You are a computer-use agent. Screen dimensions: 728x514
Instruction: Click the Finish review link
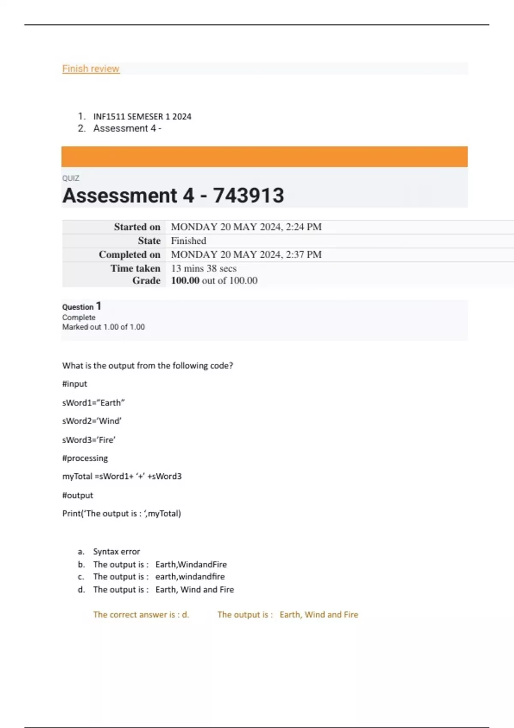tap(90, 69)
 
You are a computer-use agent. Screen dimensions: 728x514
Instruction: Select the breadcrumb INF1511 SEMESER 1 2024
tap(142, 116)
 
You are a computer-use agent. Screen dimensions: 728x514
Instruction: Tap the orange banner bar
tap(264, 156)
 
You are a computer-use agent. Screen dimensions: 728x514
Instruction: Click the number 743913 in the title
tap(248, 195)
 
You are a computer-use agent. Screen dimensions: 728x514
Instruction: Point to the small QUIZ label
tap(71, 178)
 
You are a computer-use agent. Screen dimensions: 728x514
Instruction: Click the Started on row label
tap(137, 227)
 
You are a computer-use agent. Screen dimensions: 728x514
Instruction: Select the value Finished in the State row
tap(188, 241)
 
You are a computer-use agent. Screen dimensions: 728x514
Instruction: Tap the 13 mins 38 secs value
tap(204, 269)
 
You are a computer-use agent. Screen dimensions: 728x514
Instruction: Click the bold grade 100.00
tap(185, 280)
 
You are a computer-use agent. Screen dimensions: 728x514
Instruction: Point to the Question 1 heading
tap(81, 307)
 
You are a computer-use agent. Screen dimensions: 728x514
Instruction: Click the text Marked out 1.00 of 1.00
tap(103, 327)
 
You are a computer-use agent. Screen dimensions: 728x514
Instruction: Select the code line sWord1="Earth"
tap(93, 403)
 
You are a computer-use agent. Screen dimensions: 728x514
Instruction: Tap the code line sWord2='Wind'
tap(92, 421)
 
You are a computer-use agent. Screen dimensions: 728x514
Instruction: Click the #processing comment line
tap(85, 458)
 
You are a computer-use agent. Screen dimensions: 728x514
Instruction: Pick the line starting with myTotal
tap(122, 476)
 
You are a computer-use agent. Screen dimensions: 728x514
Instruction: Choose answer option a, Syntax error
tap(117, 552)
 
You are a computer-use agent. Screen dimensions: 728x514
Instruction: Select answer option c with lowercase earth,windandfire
tap(159, 577)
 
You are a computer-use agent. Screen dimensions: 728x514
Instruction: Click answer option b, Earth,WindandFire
tap(160, 564)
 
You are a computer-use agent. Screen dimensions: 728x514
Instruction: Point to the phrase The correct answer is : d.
tap(141, 615)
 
